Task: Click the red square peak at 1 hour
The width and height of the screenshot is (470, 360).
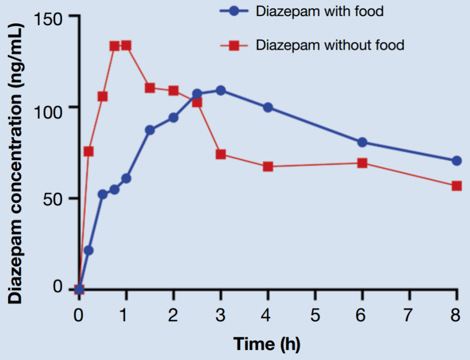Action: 126,46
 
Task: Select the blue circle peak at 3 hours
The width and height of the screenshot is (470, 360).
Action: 221,90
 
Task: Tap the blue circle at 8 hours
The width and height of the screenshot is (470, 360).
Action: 457,161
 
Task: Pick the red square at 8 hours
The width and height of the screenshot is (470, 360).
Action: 457,186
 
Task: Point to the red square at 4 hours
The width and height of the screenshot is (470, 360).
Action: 268,167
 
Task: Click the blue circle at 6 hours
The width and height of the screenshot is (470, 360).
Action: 362,143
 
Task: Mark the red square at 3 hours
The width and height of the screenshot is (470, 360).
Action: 221,154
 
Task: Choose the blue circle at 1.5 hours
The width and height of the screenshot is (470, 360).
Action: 150,130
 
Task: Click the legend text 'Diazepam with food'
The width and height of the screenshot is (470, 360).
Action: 320,12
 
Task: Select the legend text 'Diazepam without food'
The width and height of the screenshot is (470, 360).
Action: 330,46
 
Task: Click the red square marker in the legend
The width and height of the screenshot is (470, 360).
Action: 235,46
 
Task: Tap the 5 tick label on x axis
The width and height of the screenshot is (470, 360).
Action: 315,314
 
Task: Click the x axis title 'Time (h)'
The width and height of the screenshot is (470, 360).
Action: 267,344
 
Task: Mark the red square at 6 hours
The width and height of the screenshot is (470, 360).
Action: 362,163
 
